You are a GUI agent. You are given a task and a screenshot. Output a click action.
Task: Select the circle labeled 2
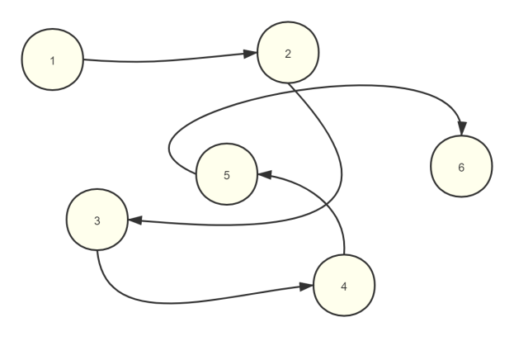coord(288,53)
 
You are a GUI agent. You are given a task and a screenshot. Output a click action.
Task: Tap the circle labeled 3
coord(97,221)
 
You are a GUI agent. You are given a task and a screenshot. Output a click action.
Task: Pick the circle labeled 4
coord(344,285)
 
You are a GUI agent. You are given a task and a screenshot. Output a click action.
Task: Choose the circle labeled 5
coord(227,174)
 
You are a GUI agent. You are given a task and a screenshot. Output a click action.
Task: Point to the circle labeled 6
coord(461,167)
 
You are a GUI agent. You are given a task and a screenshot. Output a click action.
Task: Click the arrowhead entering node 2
coord(251,55)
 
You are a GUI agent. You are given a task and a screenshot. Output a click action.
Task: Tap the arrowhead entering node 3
coord(135,221)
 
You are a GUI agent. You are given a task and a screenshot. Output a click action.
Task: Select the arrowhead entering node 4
coord(307,287)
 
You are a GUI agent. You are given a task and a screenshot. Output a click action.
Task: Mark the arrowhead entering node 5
coord(265,174)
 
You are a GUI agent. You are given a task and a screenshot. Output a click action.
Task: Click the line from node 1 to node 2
coord(165,60)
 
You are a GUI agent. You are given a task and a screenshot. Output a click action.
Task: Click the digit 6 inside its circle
coord(461,167)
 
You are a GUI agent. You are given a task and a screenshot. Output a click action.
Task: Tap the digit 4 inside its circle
coord(344,285)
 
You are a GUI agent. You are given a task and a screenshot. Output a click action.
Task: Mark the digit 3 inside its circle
coord(97,221)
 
